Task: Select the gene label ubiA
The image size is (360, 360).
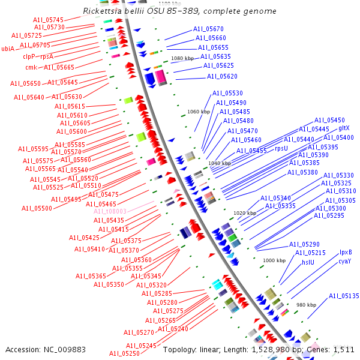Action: click(8, 49)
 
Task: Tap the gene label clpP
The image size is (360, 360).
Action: click(29, 56)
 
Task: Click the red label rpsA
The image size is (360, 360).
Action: click(47, 56)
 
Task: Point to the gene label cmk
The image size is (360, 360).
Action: click(31, 67)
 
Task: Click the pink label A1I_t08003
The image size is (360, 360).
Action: click(110, 212)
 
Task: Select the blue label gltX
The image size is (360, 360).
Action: click(344, 128)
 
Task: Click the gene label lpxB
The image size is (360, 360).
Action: click(346, 253)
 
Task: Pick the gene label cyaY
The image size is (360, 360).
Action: click(344, 262)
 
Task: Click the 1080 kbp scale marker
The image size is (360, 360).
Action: click(183, 58)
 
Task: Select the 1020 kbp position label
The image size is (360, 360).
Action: click(244, 213)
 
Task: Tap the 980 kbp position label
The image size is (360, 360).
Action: click(306, 305)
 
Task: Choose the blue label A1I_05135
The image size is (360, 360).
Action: click(343, 296)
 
